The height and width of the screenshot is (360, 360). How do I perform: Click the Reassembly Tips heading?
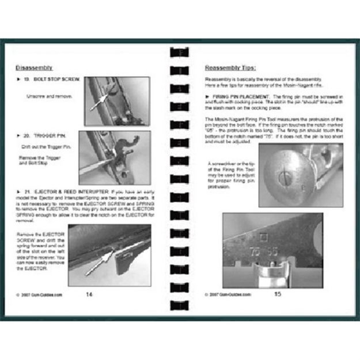(230, 67)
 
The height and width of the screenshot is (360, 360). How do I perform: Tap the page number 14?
(89, 293)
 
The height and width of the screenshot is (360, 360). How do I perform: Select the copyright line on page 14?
(39, 294)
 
